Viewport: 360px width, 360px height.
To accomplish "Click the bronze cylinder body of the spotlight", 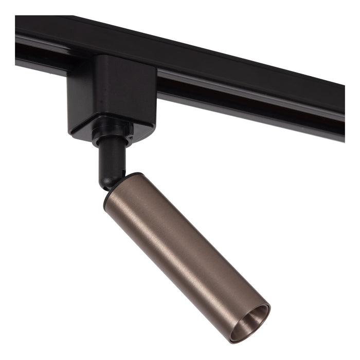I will click(185, 247).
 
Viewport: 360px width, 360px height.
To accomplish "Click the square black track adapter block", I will click(113, 93).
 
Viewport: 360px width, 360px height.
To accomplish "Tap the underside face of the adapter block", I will click(116, 126).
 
